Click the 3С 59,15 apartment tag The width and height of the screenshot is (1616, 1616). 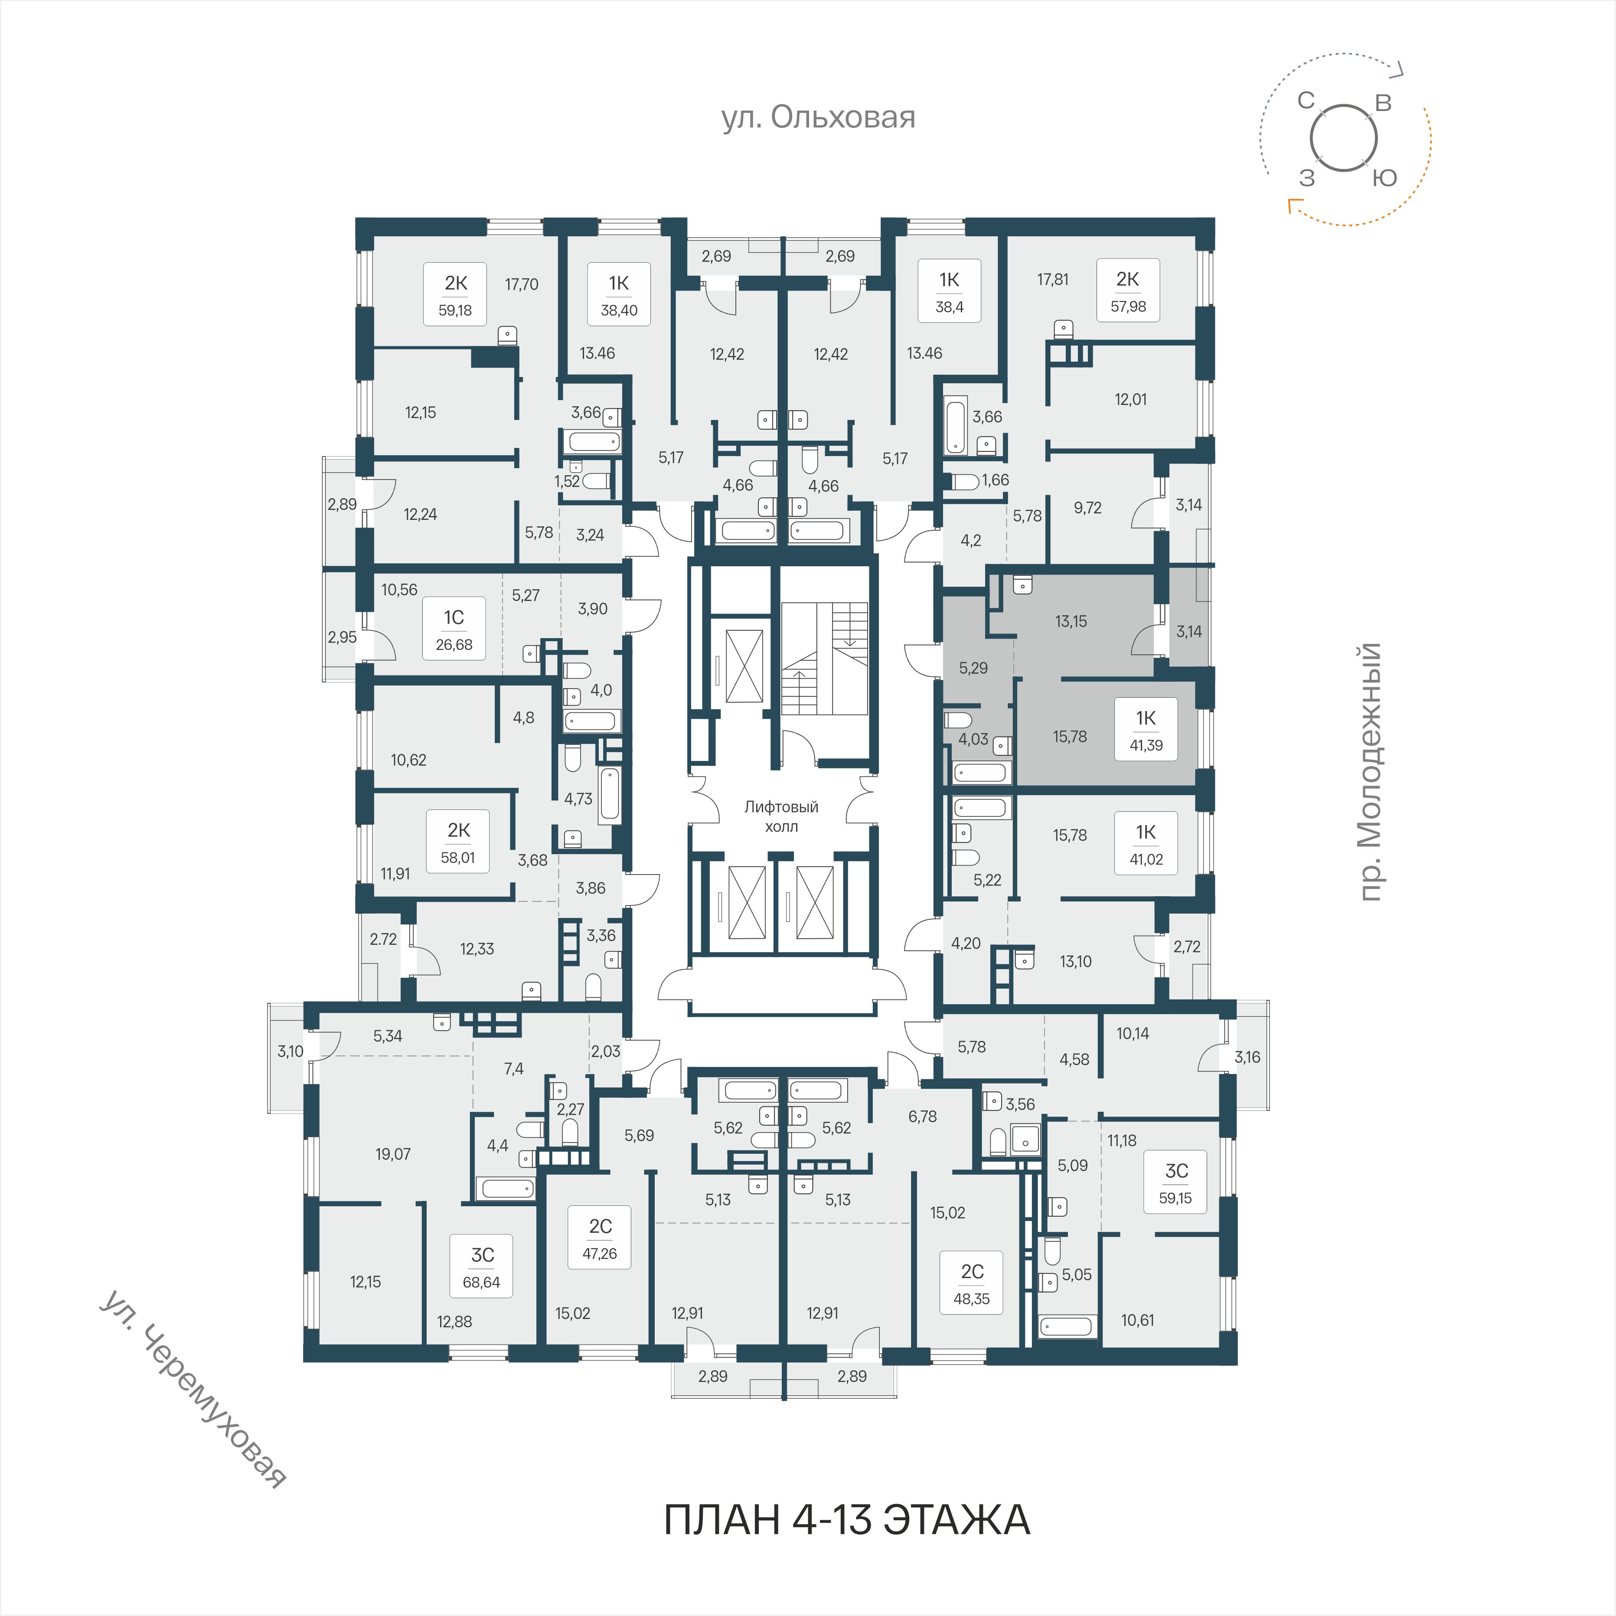coord(1176,1182)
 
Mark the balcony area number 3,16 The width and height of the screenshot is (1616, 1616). coord(1247,1057)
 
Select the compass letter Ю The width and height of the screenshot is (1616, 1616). coord(1385,177)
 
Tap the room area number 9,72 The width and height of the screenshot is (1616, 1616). coord(1087,508)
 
